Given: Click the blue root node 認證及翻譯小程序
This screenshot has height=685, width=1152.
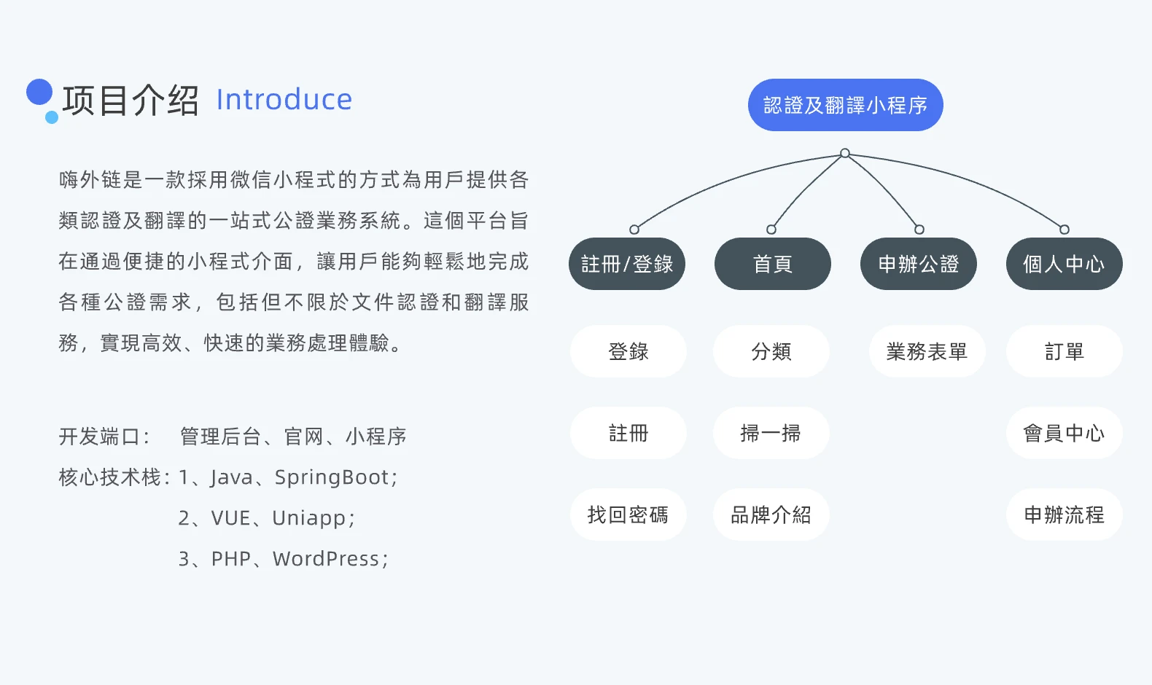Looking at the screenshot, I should click(x=845, y=105).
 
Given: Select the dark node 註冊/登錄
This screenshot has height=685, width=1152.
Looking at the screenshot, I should click(x=626, y=264).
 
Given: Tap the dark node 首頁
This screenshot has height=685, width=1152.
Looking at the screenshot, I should click(x=772, y=264).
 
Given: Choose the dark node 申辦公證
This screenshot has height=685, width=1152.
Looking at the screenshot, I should click(x=918, y=264).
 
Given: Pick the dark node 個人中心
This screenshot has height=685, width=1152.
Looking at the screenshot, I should click(x=1064, y=264).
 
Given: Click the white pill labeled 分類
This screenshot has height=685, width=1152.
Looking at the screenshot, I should click(x=771, y=351).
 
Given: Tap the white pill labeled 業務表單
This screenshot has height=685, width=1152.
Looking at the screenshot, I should click(x=927, y=351).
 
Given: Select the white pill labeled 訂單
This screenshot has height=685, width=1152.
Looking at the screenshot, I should click(x=1064, y=351).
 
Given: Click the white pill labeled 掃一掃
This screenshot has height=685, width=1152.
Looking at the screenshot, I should click(x=771, y=433).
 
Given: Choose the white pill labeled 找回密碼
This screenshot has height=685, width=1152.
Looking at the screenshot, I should click(x=628, y=514).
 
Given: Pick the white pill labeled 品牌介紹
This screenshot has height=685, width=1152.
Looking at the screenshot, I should click(x=771, y=514).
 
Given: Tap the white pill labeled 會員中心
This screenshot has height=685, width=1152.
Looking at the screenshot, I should click(x=1064, y=433).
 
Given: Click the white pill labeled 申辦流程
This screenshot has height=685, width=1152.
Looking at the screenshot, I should click(x=1064, y=514).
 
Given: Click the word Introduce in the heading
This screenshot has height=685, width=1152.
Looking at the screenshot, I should click(x=284, y=100).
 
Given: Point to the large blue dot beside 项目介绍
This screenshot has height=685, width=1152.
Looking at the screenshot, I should click(x=39, y=92).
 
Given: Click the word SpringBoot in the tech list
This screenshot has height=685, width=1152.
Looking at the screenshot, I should click(x=332, y=477).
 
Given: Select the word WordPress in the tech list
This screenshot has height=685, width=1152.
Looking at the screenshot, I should click(x=326, y=559).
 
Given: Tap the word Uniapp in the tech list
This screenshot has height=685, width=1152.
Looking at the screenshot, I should click(x=308, y=518).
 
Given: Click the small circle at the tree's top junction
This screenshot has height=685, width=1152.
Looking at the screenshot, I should click(x=844, y=153).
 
